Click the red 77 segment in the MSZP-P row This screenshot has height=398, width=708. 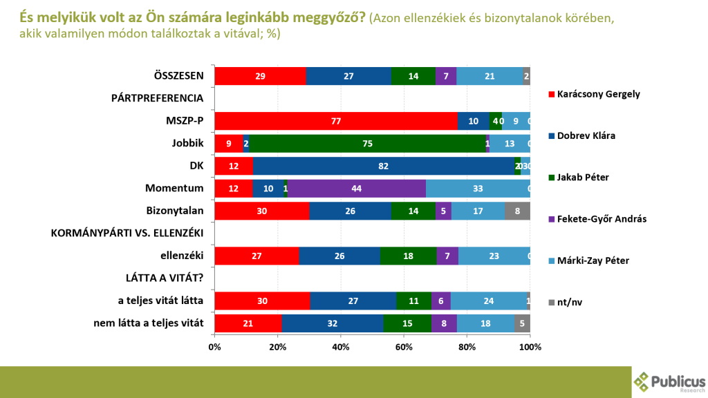336,120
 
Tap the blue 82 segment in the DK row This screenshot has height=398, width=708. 383,166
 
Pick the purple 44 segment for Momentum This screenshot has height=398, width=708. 357,189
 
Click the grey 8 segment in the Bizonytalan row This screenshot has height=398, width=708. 517,211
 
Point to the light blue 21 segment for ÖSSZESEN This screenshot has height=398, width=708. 490,76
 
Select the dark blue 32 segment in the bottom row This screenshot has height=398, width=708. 333,323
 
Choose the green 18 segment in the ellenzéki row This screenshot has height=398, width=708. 408,256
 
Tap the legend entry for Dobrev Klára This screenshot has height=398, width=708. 586,135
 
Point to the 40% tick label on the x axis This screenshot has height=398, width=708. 341,346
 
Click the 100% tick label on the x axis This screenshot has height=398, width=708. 530,346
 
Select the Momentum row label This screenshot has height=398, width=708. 174,189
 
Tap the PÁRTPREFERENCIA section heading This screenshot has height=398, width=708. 157,98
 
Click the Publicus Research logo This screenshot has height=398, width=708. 669,381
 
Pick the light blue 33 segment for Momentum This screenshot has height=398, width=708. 478,189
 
